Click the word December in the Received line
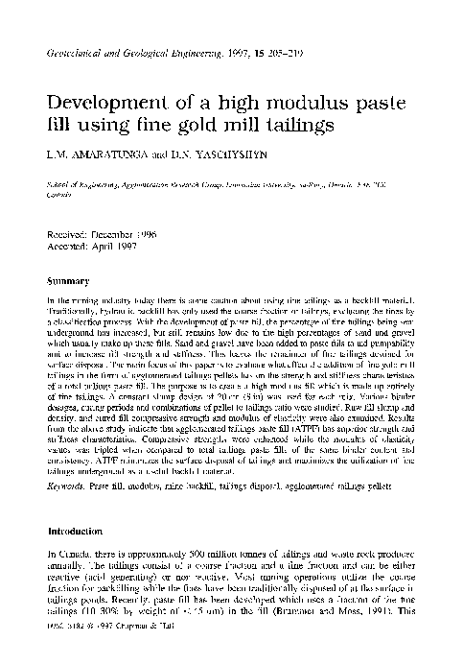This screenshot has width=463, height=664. tap(121, 233)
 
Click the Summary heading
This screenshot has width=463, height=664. tap(68, 282)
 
